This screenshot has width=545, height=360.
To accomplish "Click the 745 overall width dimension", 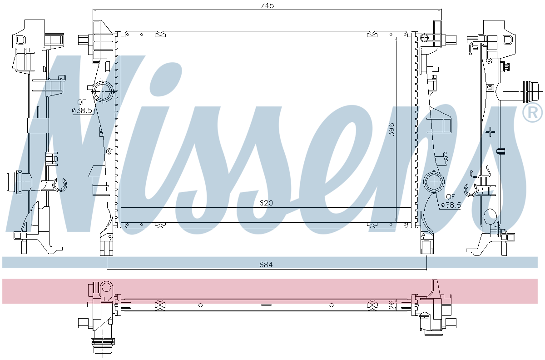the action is pyautogui.click(x=267, y=5).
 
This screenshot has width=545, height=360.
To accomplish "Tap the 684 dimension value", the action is pyautogui.click(x=266, y=264).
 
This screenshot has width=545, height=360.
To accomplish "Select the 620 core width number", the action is pyautogui.click(x=266, y=203).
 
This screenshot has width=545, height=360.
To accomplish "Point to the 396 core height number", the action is pyautogui.click(x=391, y=130).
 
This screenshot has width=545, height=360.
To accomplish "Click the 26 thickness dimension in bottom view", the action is pyautogui.click(x=391, y=305).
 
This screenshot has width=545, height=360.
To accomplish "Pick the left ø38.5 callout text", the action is pyautogui.click(x=82, y=110).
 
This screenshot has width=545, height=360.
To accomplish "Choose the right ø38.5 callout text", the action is pyautogui.click(x=451, y=205).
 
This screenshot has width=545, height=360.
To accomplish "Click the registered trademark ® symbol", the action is pyautogui.click(x=532, y=113).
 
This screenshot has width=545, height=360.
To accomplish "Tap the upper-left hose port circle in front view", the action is pyautogui.click(x=103, y=91).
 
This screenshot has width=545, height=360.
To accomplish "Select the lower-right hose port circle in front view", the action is pyautogui.click(x=434, y=182).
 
